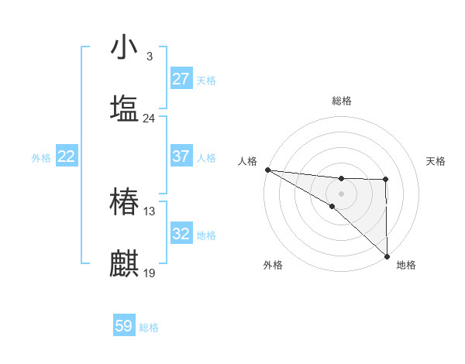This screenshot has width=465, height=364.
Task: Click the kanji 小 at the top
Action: (124, 47)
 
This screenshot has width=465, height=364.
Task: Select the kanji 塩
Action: (124, 108)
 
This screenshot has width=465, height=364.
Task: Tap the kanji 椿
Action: (124, 203)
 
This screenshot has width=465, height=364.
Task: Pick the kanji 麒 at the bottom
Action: (124, 264)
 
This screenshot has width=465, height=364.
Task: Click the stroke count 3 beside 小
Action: (149, 57)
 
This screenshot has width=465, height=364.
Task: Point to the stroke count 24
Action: (149, 118)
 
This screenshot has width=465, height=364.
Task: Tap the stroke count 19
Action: (149, 273)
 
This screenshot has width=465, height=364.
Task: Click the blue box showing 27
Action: (181, 79)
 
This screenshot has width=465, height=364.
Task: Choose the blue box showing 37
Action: (181, 156)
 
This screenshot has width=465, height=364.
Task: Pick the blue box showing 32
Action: (181, 234)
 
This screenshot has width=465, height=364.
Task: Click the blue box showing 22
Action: (67, 156)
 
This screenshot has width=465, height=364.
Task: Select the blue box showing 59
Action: (124, 326)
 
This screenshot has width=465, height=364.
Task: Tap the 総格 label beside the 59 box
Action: (150, 328)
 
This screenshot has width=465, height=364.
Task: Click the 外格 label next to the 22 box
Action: (41, 158)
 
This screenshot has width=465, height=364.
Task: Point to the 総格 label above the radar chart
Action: (341, 101)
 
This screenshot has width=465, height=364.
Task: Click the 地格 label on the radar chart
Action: (406, 265)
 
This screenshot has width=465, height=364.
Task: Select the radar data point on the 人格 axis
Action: (267, 170)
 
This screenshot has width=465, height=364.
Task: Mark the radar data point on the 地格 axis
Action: (387, 256)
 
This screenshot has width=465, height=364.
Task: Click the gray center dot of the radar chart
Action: (341, 192)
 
